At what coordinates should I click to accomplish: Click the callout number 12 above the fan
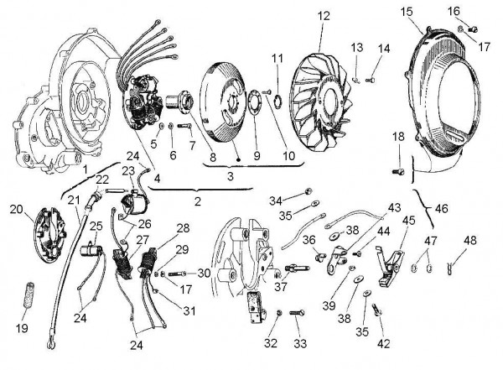[x=324, y=16]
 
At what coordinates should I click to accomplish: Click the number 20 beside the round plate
[x=17, y=210]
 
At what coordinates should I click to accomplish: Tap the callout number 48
[x=469, y=241]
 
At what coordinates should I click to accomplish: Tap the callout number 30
[x=205, y=274]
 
